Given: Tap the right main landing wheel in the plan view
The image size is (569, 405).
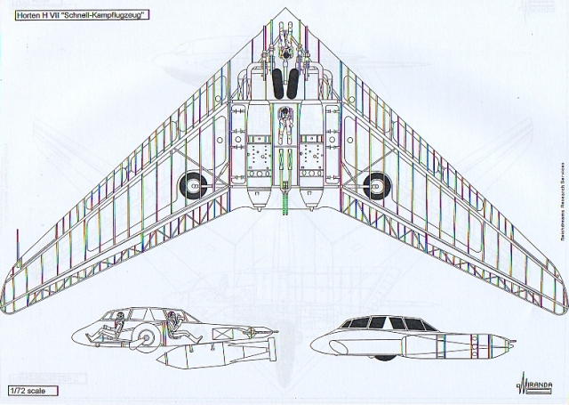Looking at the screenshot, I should pyautogui.click(x=376, y=184).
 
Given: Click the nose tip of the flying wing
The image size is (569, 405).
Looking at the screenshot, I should pyautogui.click(x=284, y=10).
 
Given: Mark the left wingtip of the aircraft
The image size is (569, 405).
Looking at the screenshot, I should pyautogui.click(x=11, y=263).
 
